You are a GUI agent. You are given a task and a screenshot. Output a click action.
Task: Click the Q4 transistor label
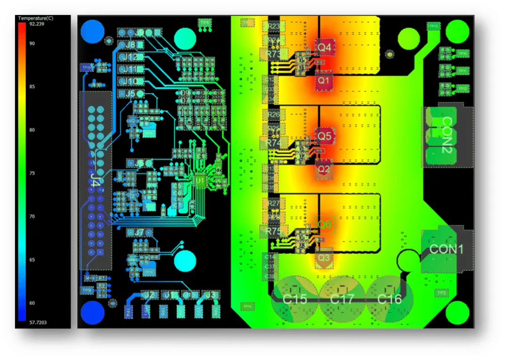point(325,47)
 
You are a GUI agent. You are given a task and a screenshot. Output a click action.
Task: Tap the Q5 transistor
point(325,136)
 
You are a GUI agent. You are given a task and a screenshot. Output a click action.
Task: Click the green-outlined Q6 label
point(325,225)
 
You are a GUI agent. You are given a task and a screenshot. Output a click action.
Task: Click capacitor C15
point(295,299)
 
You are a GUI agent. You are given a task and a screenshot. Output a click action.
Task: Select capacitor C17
point(342,299)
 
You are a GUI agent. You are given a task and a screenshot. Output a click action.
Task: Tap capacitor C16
point(389,299)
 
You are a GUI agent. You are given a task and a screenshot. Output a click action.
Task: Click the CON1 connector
point(446,249)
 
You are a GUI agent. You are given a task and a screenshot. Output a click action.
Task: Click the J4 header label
point(95,179)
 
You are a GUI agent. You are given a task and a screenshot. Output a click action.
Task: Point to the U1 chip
point(200,180)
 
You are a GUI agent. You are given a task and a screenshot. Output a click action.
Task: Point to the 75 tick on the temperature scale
point(32,173)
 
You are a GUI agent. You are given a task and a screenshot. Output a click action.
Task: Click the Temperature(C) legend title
point(36,18)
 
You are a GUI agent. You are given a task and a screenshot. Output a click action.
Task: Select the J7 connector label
point(139,232)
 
